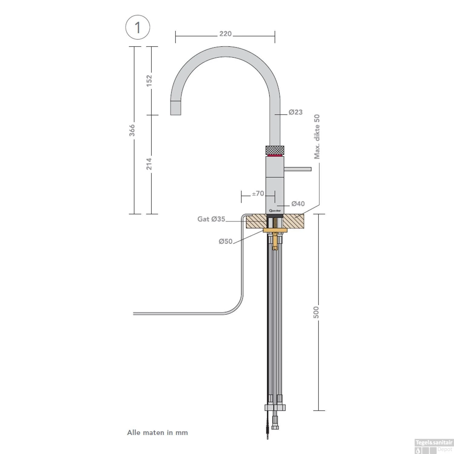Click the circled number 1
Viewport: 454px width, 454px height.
(138, 28)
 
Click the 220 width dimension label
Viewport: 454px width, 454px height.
(225, 34)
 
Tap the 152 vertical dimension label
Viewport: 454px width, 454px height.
(149, 80)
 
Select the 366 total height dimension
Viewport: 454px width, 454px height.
(132, 130)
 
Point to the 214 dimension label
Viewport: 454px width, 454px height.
(149, 164)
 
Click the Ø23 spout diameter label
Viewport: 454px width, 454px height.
(295, 112)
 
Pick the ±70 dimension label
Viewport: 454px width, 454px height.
(258, 193)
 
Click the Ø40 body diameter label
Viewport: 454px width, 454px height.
(298, 204)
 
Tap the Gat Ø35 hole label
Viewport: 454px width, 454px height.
(211, 219)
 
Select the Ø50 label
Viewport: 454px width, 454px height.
(225, 241)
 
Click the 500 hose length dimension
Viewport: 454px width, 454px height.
(316, 312)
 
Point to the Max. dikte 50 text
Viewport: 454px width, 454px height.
(317, 137)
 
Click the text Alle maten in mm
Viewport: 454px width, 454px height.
(157, 433)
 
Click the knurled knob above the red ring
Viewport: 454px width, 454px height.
(275, 150)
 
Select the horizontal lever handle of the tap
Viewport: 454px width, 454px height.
(298, 169)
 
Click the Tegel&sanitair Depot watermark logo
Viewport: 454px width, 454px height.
(433, 446)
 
